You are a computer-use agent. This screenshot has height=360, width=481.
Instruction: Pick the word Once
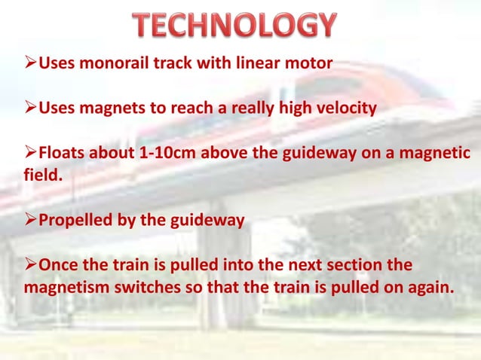(57, 267)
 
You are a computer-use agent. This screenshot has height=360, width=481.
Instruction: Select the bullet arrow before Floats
(30, 154)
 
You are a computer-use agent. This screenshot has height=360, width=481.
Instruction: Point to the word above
(227, 154)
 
